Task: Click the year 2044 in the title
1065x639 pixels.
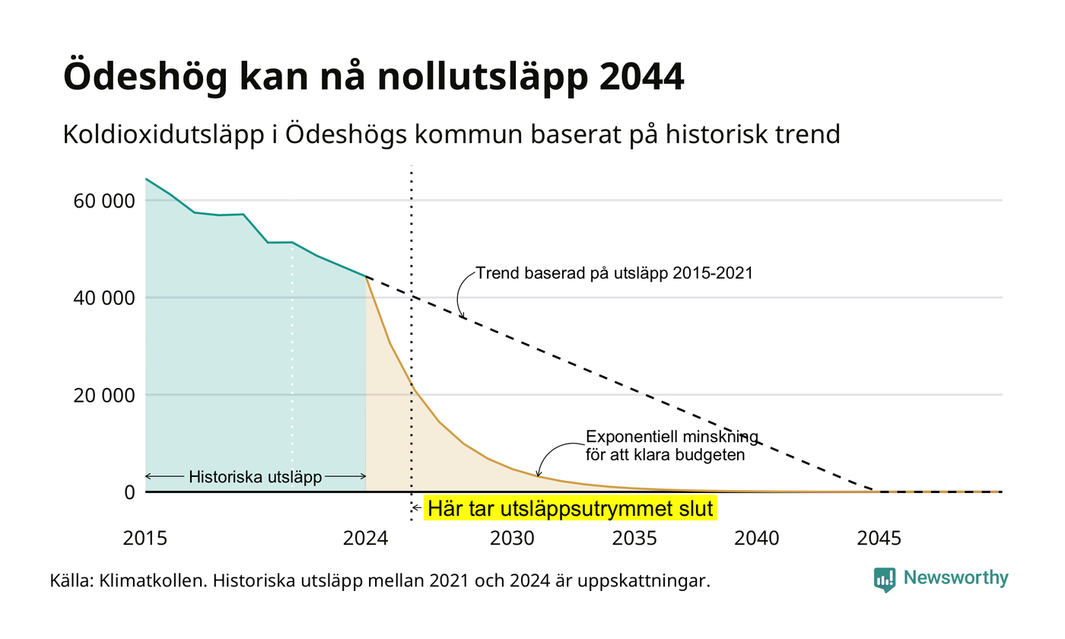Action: coord(641,76)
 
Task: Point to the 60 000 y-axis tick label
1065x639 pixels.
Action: coord(104,201)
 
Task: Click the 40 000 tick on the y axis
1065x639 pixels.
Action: coord(104,298)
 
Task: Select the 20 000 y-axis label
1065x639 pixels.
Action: coord(104,395)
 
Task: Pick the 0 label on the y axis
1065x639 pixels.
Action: coord(129,493)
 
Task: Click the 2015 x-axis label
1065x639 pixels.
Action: coord(145,539)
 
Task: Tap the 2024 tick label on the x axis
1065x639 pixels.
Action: coord(366,539)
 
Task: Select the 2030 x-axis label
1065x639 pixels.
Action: coord(512,539)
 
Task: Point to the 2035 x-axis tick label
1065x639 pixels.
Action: coord(634,539)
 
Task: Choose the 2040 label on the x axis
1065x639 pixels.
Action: coord(756,539)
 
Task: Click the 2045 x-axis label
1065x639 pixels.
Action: coord(879,539)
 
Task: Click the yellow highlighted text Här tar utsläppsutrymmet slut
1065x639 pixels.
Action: coord(570,509)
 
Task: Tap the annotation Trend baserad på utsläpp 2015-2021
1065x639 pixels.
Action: coord(615,273)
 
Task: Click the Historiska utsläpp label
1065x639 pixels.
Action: coord(256,477)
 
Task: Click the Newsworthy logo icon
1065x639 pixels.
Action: coord(884,580)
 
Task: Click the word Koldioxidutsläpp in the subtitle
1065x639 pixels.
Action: coord(164,135)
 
